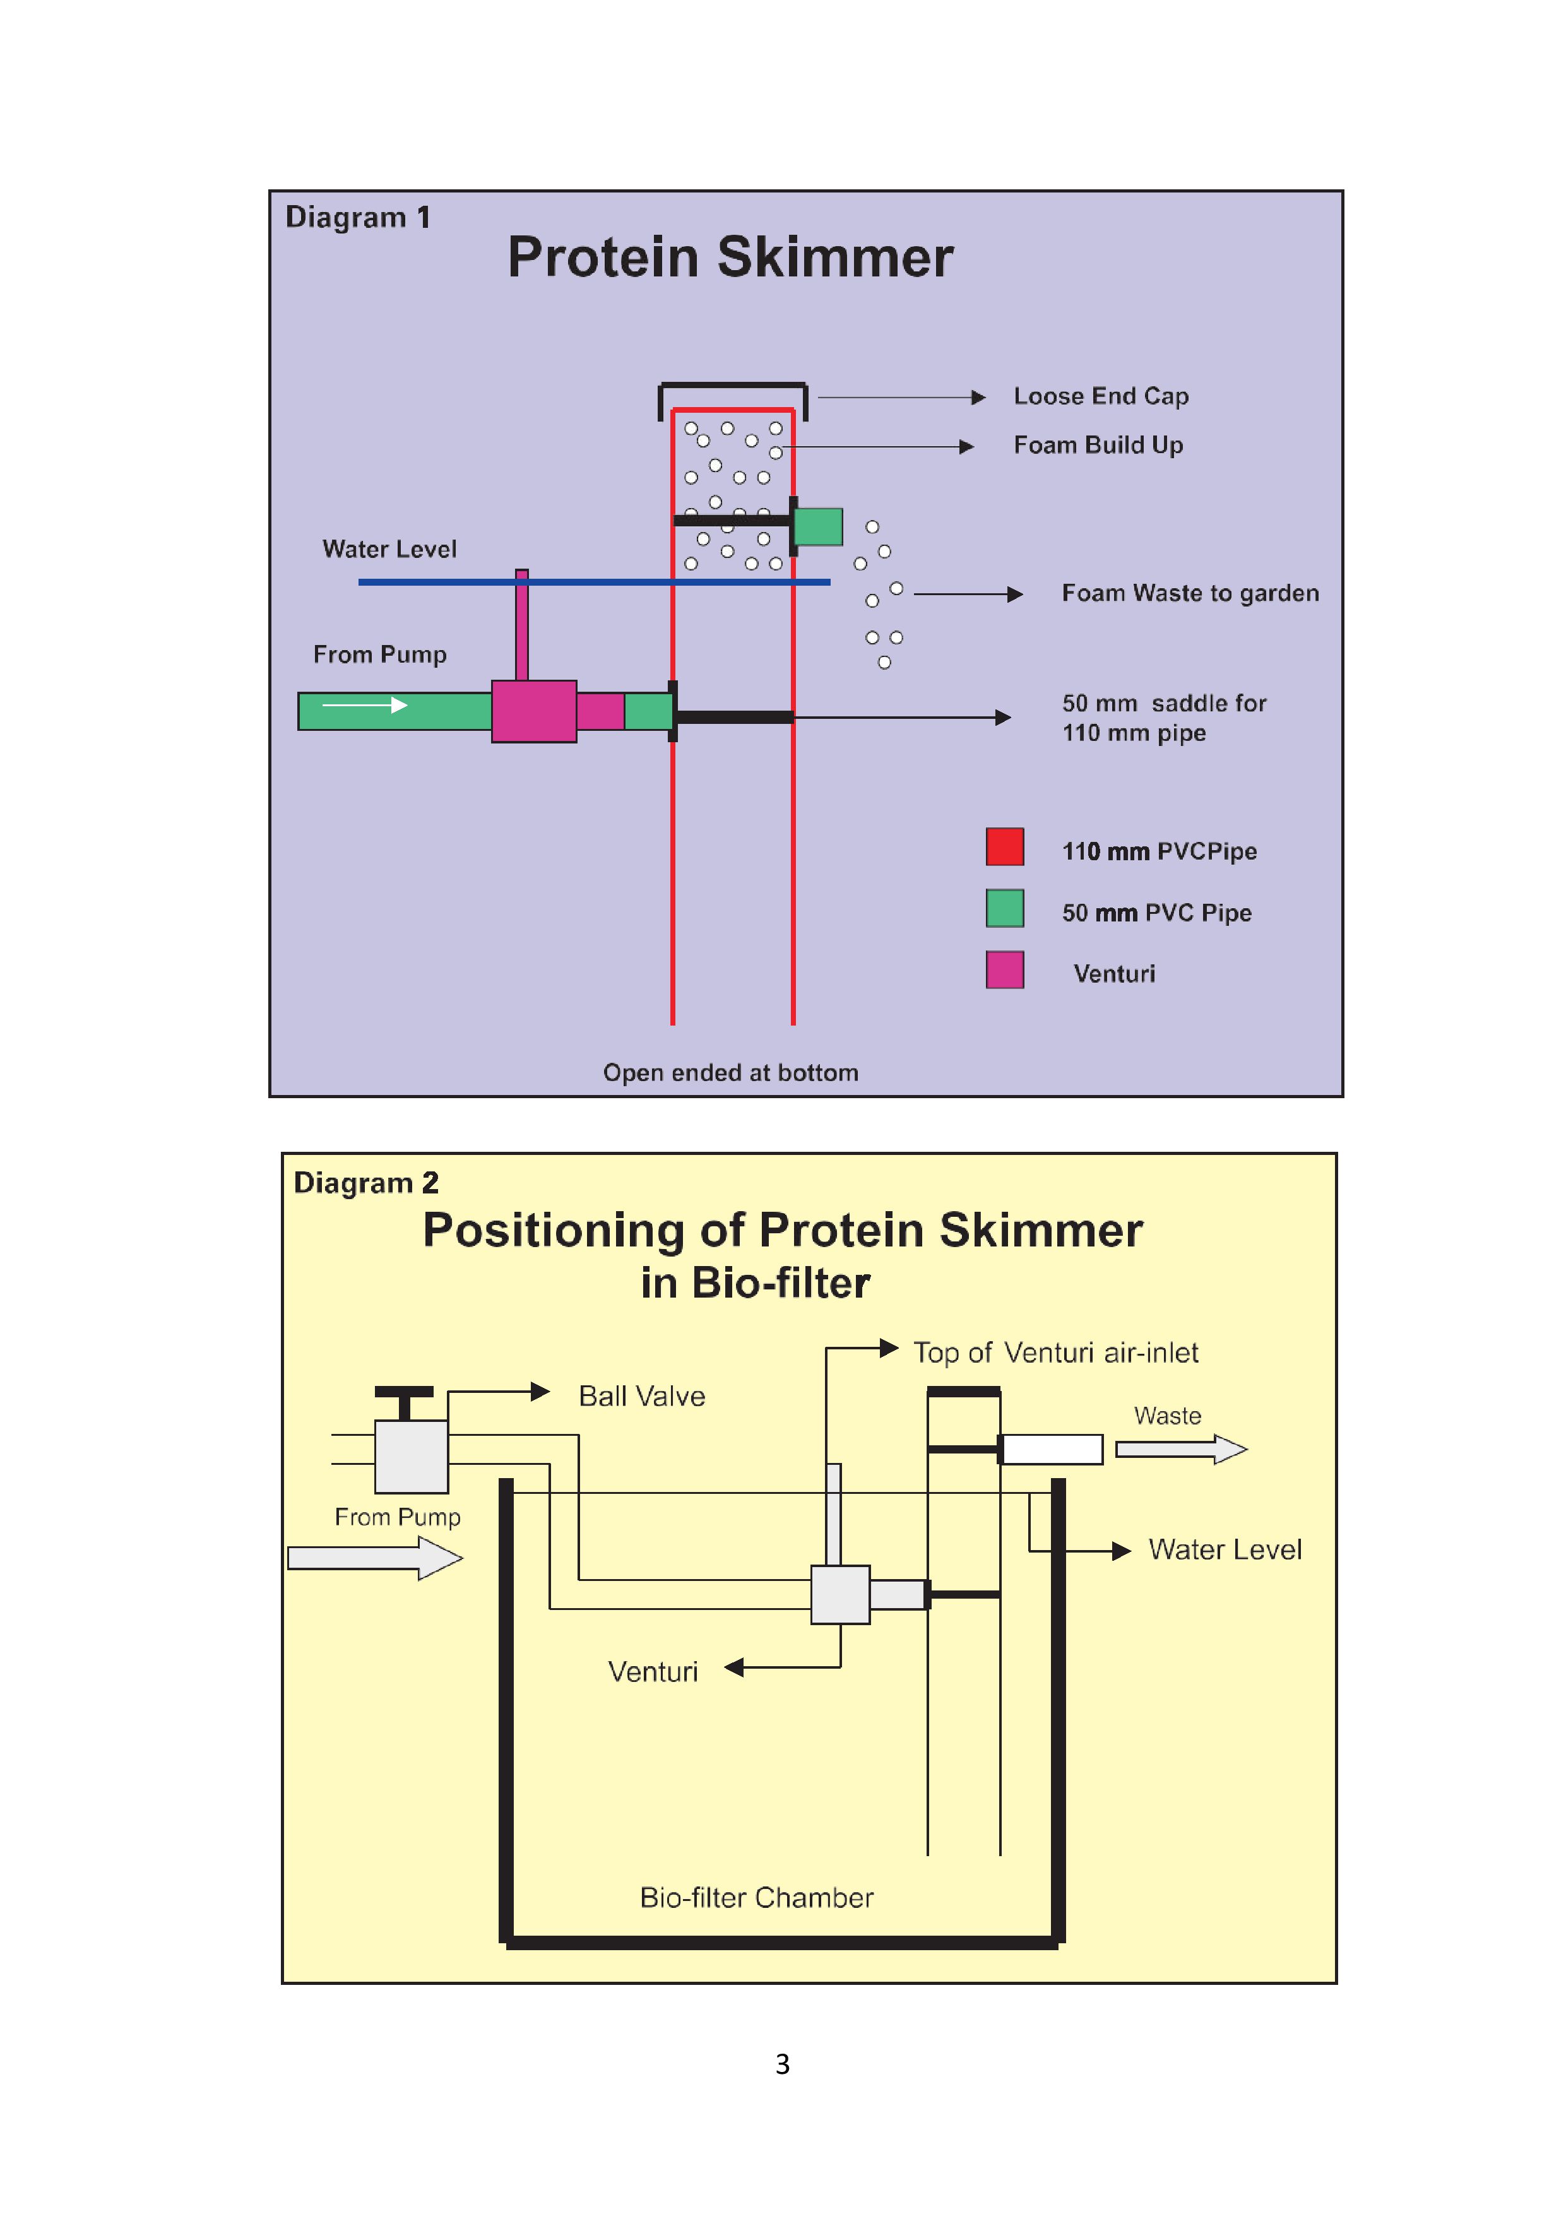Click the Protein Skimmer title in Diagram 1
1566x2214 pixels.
click(730, 258)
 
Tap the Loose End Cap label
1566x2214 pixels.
click(1100, 396)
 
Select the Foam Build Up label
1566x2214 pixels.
click(1098, 446)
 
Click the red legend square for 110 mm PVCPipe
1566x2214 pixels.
click(1004, 846)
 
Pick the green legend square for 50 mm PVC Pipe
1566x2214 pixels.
click(1004, 908)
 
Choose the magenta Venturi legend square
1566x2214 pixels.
click(1004, 969)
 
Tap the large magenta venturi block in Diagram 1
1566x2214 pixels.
click(533, 712)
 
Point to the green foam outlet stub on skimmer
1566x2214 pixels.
click(817, 526)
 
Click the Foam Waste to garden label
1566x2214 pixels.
click(1190, 593)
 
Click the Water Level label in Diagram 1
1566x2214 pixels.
click(389, 550)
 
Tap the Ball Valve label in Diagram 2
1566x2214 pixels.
click(641, 1396)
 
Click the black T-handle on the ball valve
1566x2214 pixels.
click(404, 1394)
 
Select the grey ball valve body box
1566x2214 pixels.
click(411, 1456)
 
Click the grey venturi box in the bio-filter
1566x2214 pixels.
click(840, 1594)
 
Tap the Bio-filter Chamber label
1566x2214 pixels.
click(756, 1898)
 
